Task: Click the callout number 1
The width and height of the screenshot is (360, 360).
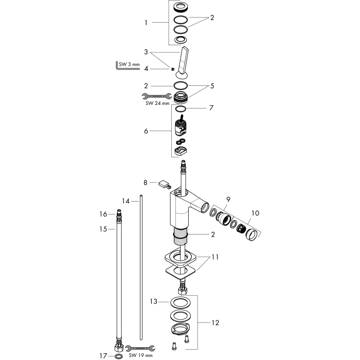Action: [x=146, y=23]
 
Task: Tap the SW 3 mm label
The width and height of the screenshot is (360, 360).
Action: [x=129, y=64]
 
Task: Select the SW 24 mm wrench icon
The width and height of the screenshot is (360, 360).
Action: [x=157, y=96]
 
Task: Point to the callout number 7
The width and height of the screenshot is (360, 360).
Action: [x=211, y=107]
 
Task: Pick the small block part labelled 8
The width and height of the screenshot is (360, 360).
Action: [x=164, y=184]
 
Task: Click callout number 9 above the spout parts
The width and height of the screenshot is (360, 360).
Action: [x=228, y=200]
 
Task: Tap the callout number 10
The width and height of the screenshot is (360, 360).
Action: [x=255, y=213]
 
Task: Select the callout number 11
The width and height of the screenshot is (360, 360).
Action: [x=215, y=257]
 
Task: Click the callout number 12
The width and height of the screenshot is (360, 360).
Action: [x=215, y=323]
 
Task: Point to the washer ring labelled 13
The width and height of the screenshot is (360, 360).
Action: [x=181, y=302]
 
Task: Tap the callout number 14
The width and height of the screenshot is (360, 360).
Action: [x=126, y=202]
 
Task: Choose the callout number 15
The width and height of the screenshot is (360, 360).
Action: [x=103, y=229]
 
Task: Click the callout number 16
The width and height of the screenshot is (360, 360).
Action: [x=103, y=214]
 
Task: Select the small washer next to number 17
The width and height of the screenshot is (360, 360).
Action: [x=118, y=356]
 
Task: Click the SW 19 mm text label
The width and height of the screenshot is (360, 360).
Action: [x=140, y=355]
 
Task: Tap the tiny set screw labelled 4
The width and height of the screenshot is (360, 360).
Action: [x=173, y=69]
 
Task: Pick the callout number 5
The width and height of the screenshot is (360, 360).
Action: [x=212, y=86]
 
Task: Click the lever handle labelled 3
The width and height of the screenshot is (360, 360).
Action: [x=183, y=62]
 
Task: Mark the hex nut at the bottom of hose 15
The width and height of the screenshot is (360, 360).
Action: [x=119, y=348]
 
